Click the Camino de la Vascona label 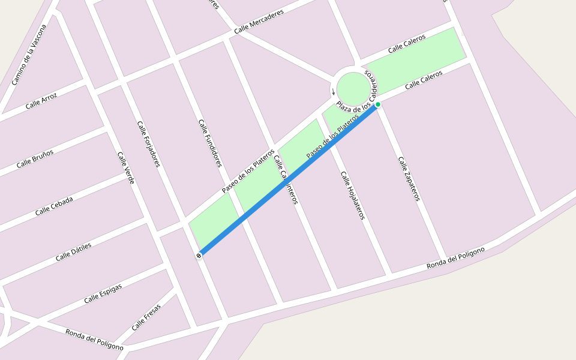click(x=29, y=55)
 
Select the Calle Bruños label click(x=35, y=159)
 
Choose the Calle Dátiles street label click(x=73, y=252)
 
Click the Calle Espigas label click(x=103, y=293)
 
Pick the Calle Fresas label click(x=146, y=318)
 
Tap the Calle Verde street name click(x=126, y=167)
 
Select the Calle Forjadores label click(x=148, y=144)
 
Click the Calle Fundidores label click(x=210, y=143)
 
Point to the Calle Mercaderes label click(x=259, y=22)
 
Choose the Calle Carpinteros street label click(x=286, y=180)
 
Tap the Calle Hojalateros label click(x=353, y=195)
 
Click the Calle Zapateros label click(x=409, y=179)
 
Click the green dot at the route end click(x=378, y=104)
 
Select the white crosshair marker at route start click(x=199, y=256)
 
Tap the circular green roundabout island click(x=353, y=89)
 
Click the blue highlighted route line click(x=288, y=180)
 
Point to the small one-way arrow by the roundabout click(x=334, y=92)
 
